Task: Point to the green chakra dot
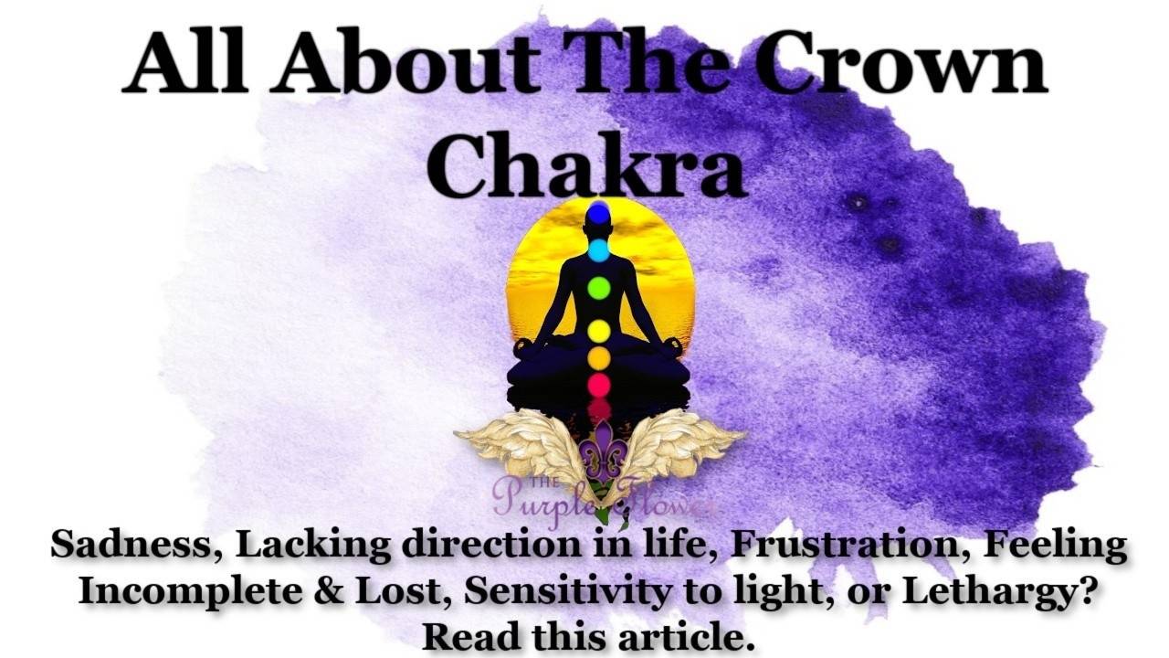(x=598, y=289)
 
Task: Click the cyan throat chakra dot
(x=598, y=249)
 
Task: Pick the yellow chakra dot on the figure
(x=598, y=330)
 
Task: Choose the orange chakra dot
(x=598, y=358)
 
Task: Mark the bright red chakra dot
(x=598, y=385)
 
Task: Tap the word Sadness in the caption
(x=134, y=546)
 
